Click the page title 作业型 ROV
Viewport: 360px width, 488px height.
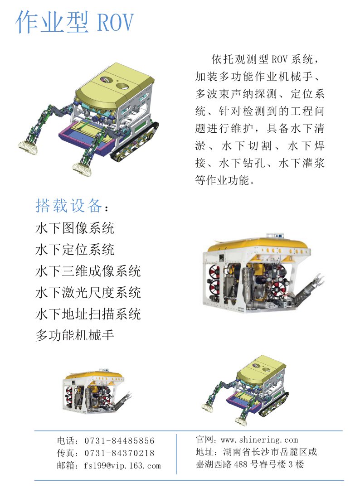pos(75,22)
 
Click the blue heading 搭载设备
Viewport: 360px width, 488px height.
pos(68,205)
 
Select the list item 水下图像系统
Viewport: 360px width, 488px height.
pos(75,228)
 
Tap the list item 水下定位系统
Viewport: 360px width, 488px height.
pos(75,250)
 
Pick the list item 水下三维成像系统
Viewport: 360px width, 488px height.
pos(88,271)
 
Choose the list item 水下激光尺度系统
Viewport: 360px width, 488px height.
pos(88,293)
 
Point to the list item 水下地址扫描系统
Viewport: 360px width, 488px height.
pos(88,314)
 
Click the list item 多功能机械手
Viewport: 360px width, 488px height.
pos(75,335)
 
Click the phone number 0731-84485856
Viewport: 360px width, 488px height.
pos(119,441)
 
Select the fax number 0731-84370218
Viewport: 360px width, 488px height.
pos(119,453)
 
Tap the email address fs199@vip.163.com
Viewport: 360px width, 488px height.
pos(122,466)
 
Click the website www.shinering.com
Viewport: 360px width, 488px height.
pos(259,440)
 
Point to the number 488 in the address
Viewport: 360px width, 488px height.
pos(240,464)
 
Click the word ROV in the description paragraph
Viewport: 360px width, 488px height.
pos(279,59)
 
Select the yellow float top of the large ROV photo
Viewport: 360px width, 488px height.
pos(258,244)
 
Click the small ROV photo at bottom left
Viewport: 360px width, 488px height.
pos(97,391)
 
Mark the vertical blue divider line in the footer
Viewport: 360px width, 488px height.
pos(176,454)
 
